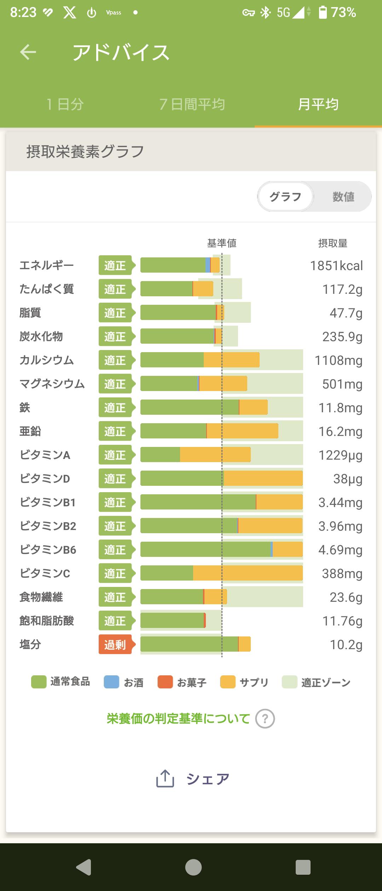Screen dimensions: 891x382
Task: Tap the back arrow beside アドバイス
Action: pos(28,52)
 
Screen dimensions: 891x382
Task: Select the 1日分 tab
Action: pos(65,104)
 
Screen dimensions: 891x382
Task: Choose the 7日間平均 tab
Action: pos(192,104)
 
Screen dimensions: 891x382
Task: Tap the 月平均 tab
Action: pos(318,104)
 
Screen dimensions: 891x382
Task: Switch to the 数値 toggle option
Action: pos(343,197)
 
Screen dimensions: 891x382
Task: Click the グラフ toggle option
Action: pos(285,197)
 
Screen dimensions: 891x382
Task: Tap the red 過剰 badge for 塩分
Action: pos(115,645)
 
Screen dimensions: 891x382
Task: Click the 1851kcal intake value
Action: pos(336,266)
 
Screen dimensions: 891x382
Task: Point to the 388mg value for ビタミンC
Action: pos(342,573)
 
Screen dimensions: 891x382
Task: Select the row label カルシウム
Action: pos(47,360)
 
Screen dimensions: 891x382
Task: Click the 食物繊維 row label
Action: pos(41,597)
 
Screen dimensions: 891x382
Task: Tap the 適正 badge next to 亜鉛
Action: pos(115,431)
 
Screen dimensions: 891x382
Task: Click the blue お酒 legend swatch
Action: pos(111,682)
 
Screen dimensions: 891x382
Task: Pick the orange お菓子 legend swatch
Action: pos(165,682)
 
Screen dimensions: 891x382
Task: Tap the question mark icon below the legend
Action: pos(265,719)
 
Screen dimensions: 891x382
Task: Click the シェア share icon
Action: pos(165,779)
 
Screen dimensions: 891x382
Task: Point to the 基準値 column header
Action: pos(222,243)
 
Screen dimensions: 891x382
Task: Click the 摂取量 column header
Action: pos(332,243)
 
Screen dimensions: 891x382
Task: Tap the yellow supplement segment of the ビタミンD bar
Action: pos(263,479)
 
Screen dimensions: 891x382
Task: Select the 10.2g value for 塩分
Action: pos(346,645)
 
